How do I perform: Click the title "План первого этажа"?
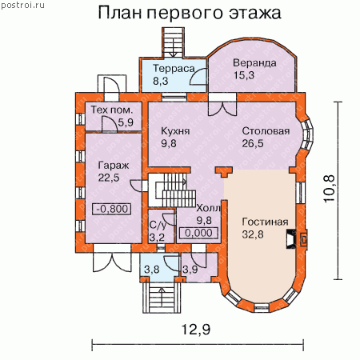pyautogui.click(x=190, y=13)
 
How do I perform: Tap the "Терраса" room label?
pyautogui.click(x=174, y=69)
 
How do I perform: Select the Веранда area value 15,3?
pyautogui.click(x=244, y=75)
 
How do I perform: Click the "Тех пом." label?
pyautogui.click(x=112, y=110)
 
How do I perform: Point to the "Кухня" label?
pyautogui.click(x=175, y=131)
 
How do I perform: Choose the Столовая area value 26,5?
pyautogui.click(x=253, y=143)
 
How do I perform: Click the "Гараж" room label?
pyautogui.click(x=114, y=166)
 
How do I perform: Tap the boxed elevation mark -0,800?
pyautogui.click(x=111, y=209)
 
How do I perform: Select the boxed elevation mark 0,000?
pyautogui.click(x=198, y=233)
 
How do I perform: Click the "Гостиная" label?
pyautogui.click(x=265, y=222)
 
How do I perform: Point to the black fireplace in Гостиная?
pyautogui.click(x=291, y=238)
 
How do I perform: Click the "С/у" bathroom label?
pyautogui.click(x=158, y=226)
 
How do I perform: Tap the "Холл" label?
pyautogui.click(x=208, y=208)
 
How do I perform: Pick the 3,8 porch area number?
pyautogui.click(x=152, y=270)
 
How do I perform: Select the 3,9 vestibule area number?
pyautogui.click(x=190, y=270)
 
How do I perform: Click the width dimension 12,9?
pyautogui.click(x=196, y=330)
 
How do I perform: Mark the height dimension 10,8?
pyautogui.click(x=330, y=189)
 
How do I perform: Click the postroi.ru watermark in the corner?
pyautogui.click(x=22, y=5)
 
